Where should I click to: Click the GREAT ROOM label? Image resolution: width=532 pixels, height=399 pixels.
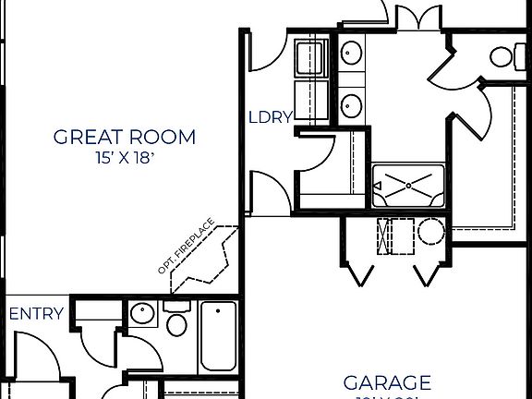[125, 138]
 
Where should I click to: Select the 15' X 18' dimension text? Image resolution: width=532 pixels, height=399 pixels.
[125, 157]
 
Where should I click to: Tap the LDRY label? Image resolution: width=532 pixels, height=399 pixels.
[271, 117]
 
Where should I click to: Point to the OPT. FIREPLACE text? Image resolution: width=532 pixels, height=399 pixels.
[187, 247]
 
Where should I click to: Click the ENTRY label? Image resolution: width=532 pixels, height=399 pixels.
[36, 314]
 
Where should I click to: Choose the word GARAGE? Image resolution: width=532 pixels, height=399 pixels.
[387, 382]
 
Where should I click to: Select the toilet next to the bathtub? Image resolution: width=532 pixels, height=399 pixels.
[177, 323]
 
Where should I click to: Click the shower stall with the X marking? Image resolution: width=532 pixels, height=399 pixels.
[407, 186]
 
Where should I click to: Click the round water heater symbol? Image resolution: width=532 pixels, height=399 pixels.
[429, 231]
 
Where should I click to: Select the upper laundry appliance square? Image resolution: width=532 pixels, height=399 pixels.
[308, 58]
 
